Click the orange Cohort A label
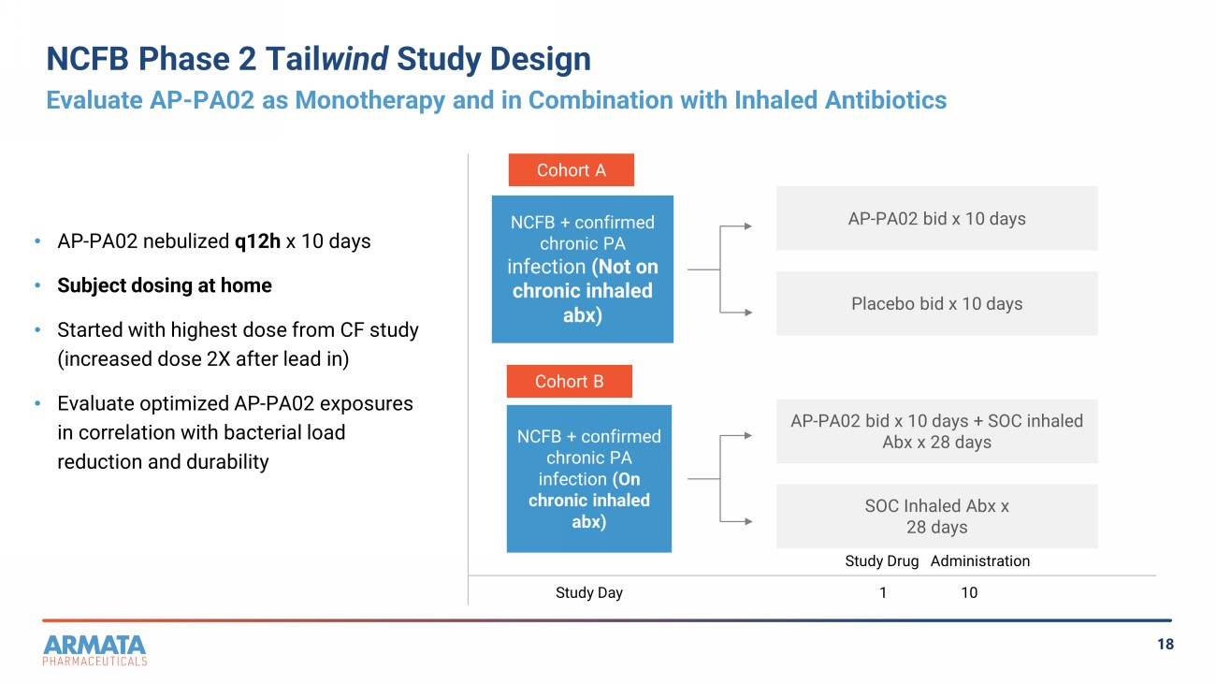(572, 170)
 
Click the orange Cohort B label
(570, 381)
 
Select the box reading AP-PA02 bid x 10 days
(937, 218)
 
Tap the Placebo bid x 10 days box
(937, 303)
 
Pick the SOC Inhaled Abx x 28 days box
(937, 517)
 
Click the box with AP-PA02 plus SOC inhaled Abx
(937, 431)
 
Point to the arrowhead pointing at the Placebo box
(748, 313)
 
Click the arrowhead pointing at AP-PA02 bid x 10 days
(748, 226)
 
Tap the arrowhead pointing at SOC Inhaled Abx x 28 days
(748, 521)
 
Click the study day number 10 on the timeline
(969, 592)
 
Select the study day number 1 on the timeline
(883, 592)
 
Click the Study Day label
(589, 593)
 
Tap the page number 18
(1165, 645)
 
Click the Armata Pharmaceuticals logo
(94, 650)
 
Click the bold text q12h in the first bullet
(257, 241)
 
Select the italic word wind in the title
(355, 58)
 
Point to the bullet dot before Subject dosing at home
(37, 285)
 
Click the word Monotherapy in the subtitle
(369, 100)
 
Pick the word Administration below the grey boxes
(980, 560)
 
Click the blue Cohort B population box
(589, 478)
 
